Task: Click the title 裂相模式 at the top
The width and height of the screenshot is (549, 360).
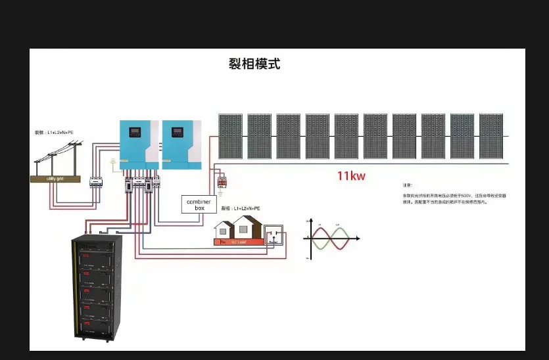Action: (x=254, y=64)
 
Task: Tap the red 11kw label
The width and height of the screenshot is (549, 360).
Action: (x=351, y=175)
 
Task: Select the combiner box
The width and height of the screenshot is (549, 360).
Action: (x=199, y=204)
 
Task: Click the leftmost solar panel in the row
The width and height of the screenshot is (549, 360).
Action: (x=230, y=137)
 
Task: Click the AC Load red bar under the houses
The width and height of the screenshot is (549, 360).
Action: (x=239, y=242)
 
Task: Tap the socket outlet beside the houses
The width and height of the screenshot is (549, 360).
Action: (x=273, y=236)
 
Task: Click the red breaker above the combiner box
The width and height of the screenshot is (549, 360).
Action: (x=222, y=181)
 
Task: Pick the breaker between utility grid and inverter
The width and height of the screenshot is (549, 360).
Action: (x=96, y=181)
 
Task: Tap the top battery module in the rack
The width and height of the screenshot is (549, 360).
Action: (x=97, y=250)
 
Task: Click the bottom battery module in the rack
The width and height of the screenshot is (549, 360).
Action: (x=97, y=326)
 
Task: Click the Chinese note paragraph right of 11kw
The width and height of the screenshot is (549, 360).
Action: (x=454, y=199)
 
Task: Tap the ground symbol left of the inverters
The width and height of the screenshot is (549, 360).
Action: (x=114, y=160)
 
